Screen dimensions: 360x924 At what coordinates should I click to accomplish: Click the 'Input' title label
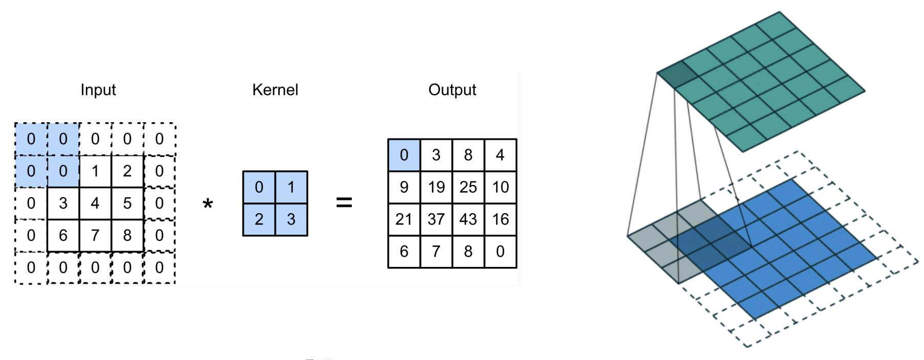[98, 90]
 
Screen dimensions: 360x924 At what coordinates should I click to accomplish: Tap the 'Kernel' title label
[275, 90]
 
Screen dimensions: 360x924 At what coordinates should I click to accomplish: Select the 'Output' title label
[452, 90]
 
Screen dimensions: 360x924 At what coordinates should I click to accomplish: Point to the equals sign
[344, 202]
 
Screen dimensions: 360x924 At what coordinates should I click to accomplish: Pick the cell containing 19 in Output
[436, 187]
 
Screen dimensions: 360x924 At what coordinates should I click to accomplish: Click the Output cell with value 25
[468, 187]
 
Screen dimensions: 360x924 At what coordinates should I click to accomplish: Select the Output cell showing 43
[468, 219]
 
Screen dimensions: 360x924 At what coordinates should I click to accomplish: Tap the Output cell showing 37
[436, 219]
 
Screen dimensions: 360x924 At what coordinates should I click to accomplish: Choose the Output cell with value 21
[404, 219]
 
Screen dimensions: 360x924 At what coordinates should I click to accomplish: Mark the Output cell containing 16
[500, 219]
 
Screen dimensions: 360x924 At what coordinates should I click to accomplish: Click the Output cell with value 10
[500, 187]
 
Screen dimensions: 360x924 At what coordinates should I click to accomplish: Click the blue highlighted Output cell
[404, 155]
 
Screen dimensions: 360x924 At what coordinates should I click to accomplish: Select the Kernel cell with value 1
[291, 187]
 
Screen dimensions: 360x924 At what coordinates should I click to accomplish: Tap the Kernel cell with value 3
[291, 219]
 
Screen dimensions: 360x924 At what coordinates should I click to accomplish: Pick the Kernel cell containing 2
[259, 219]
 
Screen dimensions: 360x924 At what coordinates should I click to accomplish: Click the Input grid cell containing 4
[95, 203]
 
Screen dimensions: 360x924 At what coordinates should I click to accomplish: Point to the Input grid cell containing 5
[127, 203]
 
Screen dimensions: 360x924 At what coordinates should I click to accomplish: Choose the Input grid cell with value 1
[95, 171]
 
